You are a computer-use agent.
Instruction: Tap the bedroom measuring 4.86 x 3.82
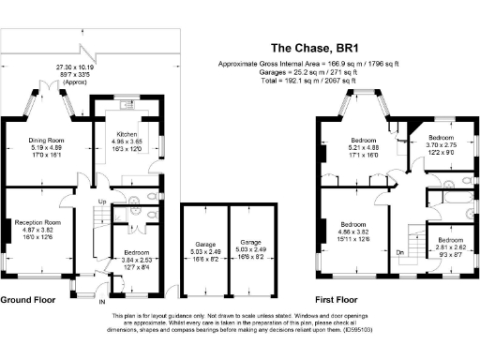(353, 225)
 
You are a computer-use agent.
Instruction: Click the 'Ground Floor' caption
(27, 300)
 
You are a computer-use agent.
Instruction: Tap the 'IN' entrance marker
(102, 302)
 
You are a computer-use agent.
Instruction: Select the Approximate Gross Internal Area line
(308, 63)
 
